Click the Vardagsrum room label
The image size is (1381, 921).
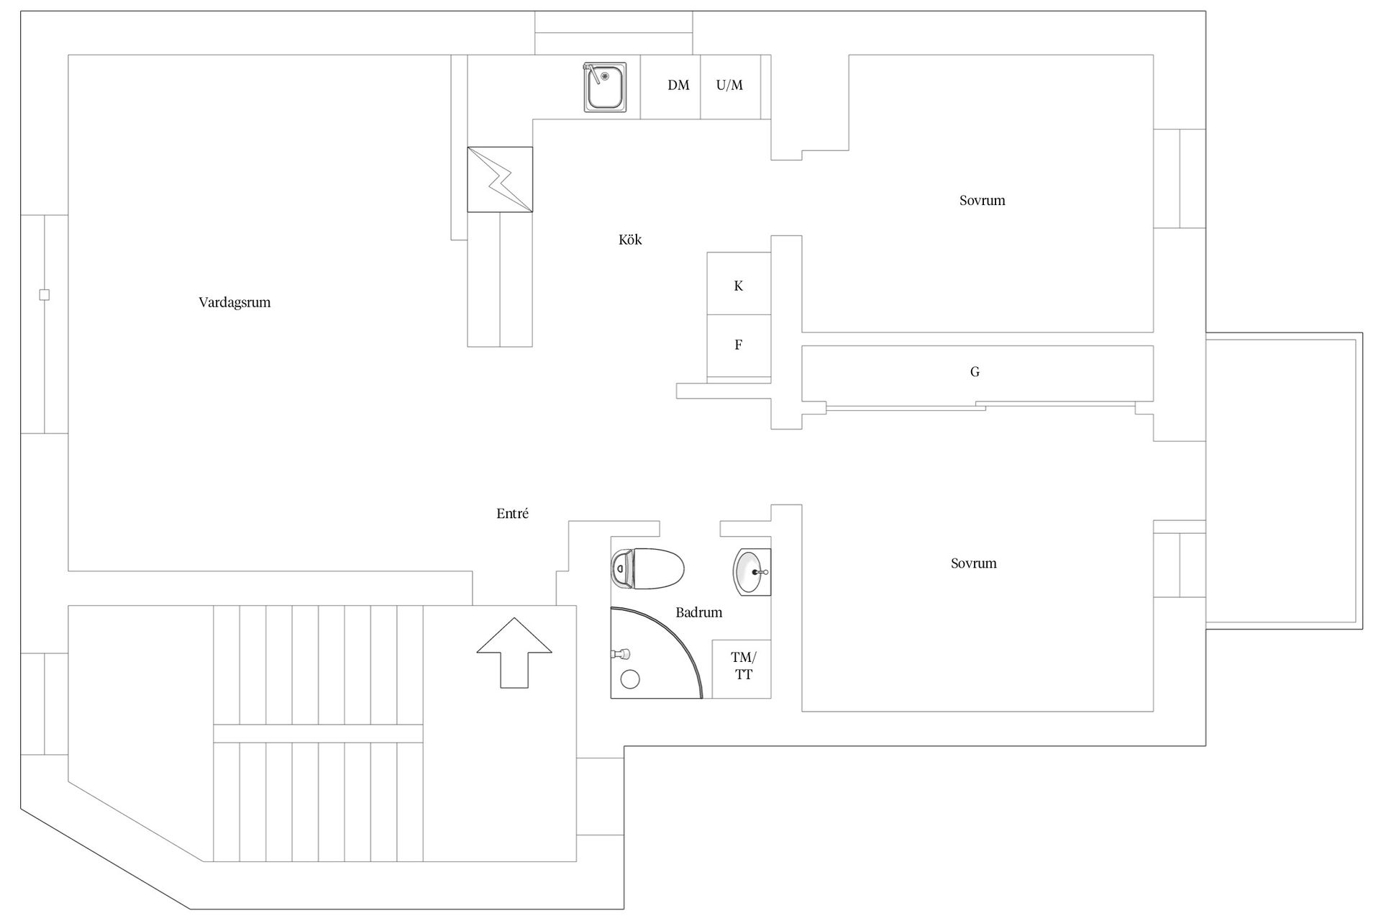point(234,302)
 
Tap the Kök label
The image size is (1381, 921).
point(630,240)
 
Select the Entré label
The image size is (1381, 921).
point(512,514)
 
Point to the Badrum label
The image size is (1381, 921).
point(698,612)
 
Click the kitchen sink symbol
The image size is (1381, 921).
point(604,86)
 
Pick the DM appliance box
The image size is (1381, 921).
point(670,86)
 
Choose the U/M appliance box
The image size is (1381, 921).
point(731,86)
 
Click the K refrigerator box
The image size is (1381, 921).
point(739,283)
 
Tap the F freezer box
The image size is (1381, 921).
point(739,346)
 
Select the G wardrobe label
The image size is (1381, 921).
point(975,372)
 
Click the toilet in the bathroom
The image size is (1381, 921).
point(647,568)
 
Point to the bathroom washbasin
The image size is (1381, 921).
point(752,572)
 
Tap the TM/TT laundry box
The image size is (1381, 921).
point(742,668)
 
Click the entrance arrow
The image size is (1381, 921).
point(514,653)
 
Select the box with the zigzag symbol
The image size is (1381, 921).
point(500,179)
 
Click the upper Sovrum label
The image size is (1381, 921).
point(982,201)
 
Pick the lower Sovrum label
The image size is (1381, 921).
point(973,563)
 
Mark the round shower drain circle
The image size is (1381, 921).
point(630,679)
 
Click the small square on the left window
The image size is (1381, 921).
point(44,294)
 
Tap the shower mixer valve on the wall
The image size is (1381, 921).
point(621,654)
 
